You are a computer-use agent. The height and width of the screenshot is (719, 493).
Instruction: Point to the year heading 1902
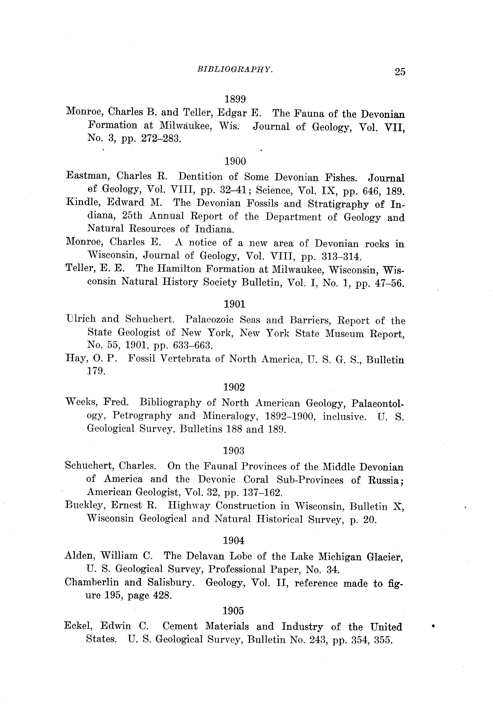coord(234,387)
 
